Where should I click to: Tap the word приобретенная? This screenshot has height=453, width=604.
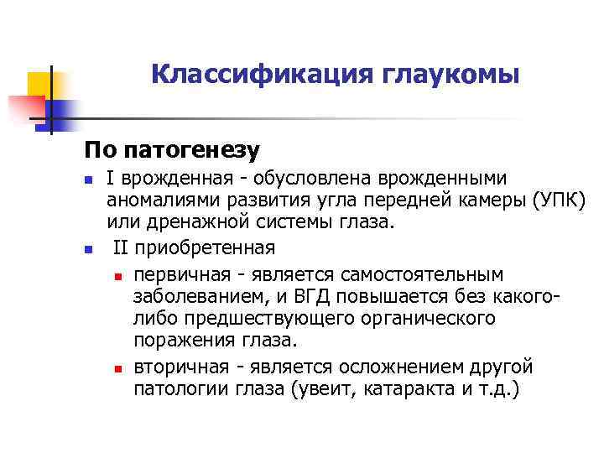[206, 248]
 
